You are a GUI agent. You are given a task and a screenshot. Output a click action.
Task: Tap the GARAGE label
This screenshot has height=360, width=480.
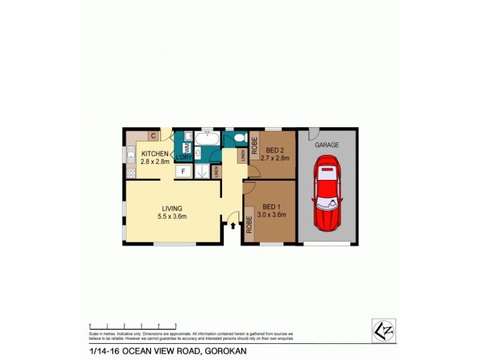click(328, 145)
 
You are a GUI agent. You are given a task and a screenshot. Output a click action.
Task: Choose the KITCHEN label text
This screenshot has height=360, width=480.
click(155, 154)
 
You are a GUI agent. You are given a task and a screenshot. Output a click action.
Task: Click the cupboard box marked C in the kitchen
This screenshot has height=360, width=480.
click(154, 136)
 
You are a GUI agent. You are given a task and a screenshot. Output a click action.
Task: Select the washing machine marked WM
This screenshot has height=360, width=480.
click(187, 147)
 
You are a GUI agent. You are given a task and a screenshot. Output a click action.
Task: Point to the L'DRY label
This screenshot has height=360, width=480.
click(182, 158)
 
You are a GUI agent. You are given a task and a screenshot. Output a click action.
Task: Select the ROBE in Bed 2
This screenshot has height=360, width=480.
click(254, 146)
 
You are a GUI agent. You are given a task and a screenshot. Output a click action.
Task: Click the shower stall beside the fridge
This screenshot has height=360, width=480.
click(202, 171)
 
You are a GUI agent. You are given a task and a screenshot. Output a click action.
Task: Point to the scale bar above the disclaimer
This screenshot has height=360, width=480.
click(132, 325)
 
